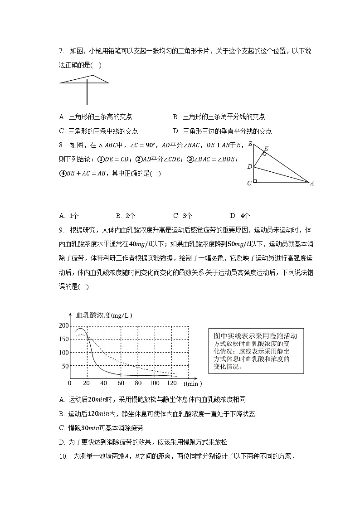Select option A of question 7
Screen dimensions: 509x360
point(96,117)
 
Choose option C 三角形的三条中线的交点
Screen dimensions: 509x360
point(98,131)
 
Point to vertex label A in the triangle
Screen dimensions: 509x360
point(312,184)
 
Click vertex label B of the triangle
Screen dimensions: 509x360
point(250,144)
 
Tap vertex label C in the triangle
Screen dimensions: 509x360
point(249,183)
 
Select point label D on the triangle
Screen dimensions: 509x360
point(249,166)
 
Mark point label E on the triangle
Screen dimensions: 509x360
point(266,148)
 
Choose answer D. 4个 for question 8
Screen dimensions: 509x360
point(240,216)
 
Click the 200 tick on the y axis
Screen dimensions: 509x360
point(63,326)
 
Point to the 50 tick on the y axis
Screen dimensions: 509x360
point(65,366)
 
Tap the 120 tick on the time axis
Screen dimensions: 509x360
point(171,383)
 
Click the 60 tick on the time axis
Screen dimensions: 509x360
point(121,383)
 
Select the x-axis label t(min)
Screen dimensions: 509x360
point(193,384)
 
